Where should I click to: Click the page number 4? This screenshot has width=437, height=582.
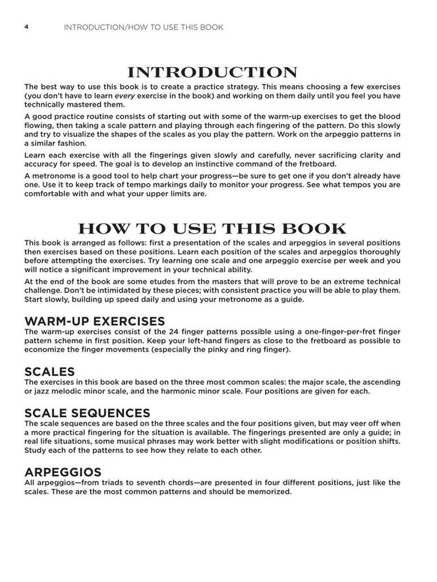(x=26, y=27)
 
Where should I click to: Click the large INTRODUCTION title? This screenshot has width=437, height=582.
(x=212, y=73)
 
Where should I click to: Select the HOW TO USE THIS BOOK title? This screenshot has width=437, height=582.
(x=212, y=229)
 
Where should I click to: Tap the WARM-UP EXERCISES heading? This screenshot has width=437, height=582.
(x=94, y=321)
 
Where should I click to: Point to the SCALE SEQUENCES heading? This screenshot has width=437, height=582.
(x=87, y=413)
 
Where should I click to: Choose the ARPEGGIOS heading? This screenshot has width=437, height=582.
(x=63, y=472)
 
